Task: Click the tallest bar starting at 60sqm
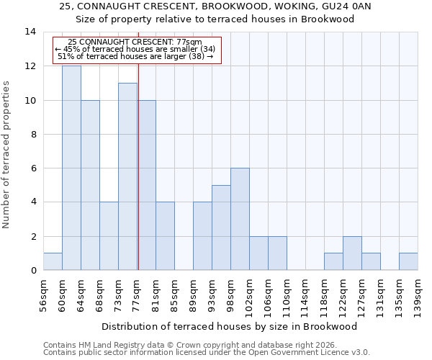71,168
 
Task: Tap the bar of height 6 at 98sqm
240,219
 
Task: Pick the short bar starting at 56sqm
53,261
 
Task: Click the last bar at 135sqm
408,261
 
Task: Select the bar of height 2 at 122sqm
352,253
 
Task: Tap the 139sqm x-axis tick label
418,294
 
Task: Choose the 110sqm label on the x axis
287,294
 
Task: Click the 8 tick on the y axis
33,134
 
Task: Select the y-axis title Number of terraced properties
6,155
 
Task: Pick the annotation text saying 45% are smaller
135,49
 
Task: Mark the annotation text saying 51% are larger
135,56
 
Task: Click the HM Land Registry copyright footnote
194,346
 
